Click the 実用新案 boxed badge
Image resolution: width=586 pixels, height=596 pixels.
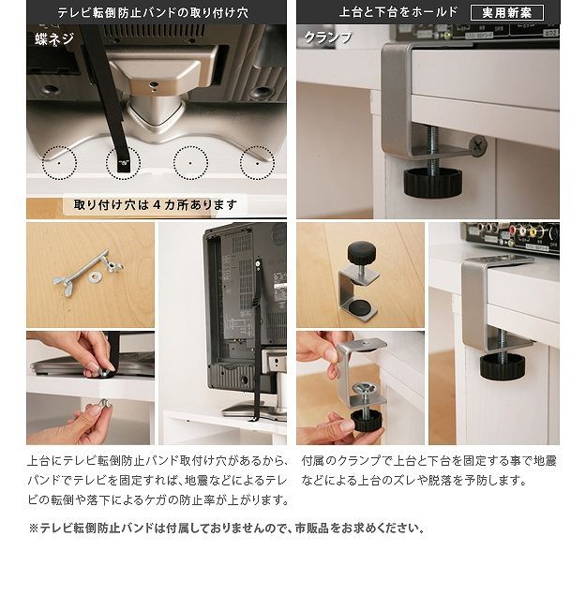point(507,12)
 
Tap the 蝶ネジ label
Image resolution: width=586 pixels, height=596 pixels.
point(53,38)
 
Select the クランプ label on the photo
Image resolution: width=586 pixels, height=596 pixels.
point(328,37)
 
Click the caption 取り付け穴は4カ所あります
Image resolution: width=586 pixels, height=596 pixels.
point(156,205)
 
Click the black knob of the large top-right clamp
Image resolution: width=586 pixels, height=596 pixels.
point(433,184)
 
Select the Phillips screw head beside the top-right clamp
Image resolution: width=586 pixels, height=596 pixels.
point(478,145)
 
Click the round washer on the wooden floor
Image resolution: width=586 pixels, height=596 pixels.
point(95,277)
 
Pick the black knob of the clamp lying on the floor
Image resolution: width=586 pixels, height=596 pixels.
point(362,251)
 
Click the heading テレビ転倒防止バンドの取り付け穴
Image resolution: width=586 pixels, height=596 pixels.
point(153,12)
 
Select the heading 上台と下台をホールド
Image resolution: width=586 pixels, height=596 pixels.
point(398,12)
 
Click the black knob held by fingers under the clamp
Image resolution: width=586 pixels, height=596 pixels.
point(367,419)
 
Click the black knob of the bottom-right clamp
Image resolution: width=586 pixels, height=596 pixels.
point(503,366)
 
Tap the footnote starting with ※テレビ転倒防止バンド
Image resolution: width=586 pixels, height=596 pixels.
point(227,529)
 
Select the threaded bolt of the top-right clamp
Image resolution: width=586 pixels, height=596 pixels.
point(432,148)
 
